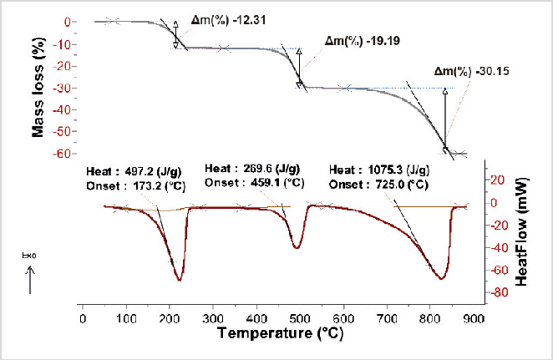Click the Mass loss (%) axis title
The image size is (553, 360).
pos(38,89)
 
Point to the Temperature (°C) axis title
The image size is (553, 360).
pos(280,333)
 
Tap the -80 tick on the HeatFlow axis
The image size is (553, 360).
pos(496,293)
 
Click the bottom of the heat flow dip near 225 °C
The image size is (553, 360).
pos(180,279)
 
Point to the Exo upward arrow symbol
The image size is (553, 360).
pos(30,271)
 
